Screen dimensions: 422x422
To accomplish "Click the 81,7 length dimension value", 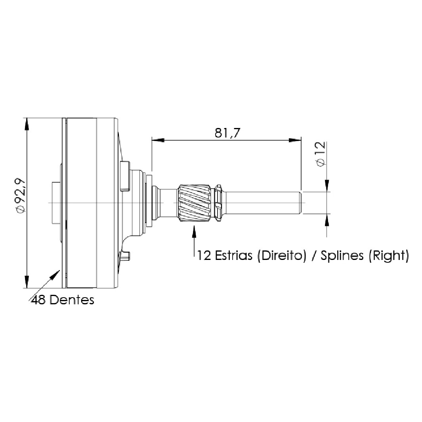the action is pyautogui.click(x=227, y=133).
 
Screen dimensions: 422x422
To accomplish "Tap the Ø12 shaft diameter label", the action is pyautogui.click(x=321, y=154).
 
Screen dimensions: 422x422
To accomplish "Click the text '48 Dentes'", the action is pyautogui.click(x=63, y=300).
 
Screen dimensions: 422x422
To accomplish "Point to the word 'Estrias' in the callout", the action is pyautogui.click(x=234, y=255).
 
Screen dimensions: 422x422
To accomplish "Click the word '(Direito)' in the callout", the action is pyautogui.click(x=282, y=256).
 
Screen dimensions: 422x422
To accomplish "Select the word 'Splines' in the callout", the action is pyautogui.click(x=342, y=256).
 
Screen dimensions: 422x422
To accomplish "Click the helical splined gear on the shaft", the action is pyautogui.click(x=195, y=202).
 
